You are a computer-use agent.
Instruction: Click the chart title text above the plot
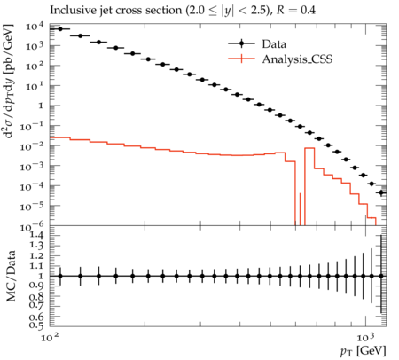click(x=183, y=11)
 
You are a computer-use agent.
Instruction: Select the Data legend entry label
click(x=274, y=44)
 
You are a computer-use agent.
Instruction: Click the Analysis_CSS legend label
click(x=297, y=59)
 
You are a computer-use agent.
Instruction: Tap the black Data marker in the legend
click(x=241, y=43)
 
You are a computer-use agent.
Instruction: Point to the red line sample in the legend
click(x=241, y=59)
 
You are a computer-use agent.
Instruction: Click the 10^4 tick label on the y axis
click(x=35, y=27)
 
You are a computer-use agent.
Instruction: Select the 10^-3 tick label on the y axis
click(x=32, y=167)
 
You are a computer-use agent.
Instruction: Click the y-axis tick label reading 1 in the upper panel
click(x=41, y=106)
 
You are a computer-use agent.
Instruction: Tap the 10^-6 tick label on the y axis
click(x=32, y=227)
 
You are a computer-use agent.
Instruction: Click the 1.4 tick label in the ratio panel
click(x=36, y=236)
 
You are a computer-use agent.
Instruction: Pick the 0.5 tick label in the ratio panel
click(x=36, y=325)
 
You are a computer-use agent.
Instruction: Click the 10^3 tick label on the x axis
click(x=366, y=337)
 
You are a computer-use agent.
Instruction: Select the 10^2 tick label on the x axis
click(x=50, y=337)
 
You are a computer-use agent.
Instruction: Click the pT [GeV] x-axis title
click(x=364, y=351)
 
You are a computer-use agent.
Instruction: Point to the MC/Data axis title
click(x=11, y=276)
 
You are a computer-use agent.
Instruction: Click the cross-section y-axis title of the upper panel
click(x=8, y=81)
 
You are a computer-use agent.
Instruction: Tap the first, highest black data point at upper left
click(x=60, y=29)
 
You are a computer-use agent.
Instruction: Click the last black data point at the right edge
click(x=381, y=192)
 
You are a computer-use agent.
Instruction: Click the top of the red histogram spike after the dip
click(x=309, y=148)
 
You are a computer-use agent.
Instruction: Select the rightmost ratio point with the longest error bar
click(x=381, y=276)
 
